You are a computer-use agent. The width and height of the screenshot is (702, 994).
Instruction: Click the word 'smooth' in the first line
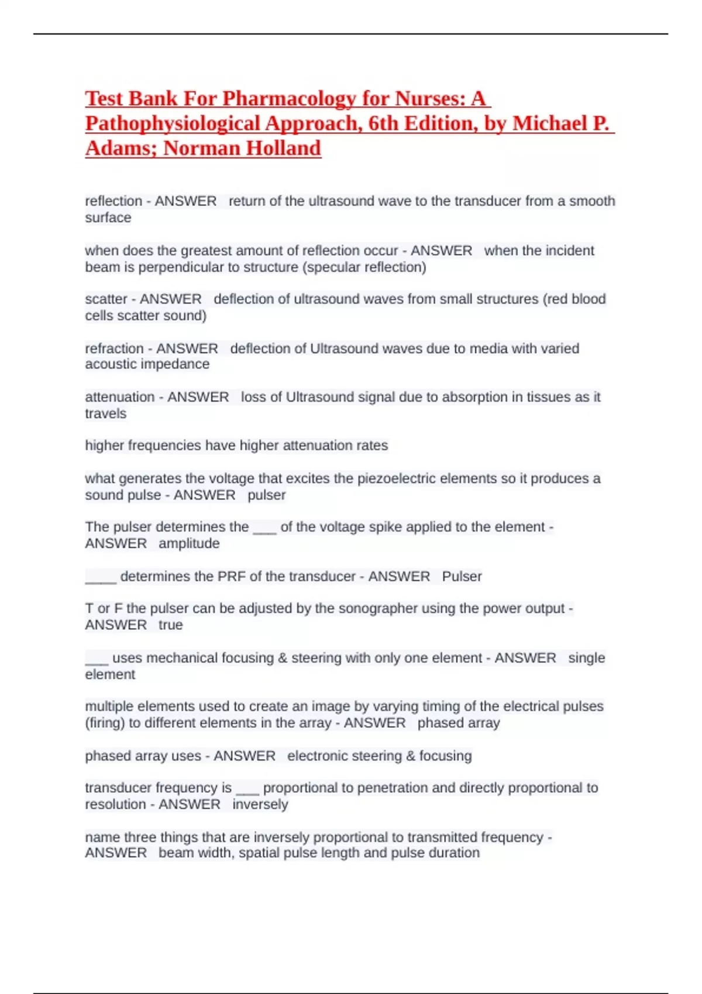pyautogui.click(x=592, y=201)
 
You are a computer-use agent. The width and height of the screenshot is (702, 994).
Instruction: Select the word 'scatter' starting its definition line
pyautogui.click(x=106, y=299)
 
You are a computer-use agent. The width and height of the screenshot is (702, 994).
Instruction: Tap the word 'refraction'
pyautogui.click(x=114, y=348)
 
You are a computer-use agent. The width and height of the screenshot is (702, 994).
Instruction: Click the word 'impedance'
pyautogui.click(x=176, y=364)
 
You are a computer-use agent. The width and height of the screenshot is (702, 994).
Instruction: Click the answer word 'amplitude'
pyautogui.click(x=189, y=543)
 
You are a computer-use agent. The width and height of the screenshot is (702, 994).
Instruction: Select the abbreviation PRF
pyautogui.click(x=232, y=577)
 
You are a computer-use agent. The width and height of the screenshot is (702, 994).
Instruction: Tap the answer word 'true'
pyautogui.click(x=170, y=625)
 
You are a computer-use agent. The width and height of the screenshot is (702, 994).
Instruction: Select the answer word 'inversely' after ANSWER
pyautogui.click(x=260, y=805)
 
